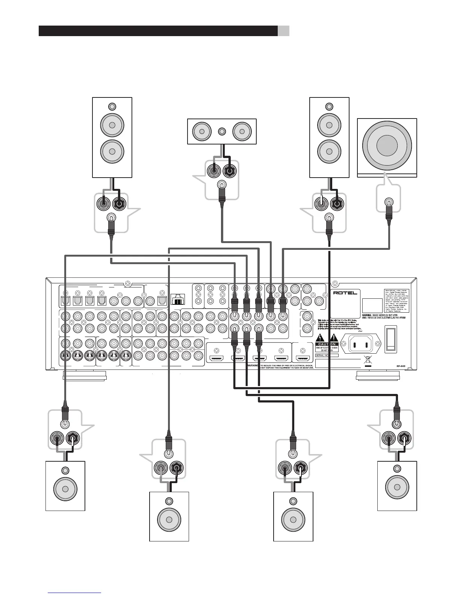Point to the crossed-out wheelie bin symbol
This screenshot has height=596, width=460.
tap(368, 359)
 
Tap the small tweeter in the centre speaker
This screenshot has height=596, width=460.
tap(222, 132)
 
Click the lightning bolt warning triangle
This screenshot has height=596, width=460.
tap(321, 338)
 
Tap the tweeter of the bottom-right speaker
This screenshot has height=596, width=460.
tap(397, 469)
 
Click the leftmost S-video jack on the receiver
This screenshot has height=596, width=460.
tap(66, 355)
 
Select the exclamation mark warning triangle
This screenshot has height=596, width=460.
tap(333, 338)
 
